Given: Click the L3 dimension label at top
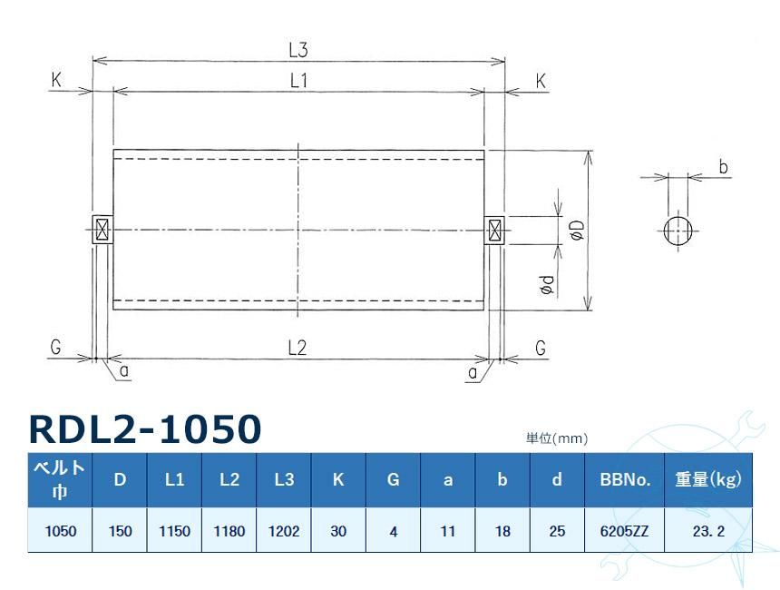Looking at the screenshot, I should click(298, 49).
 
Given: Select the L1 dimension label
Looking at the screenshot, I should click(298, 81).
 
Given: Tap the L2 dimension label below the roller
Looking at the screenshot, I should click(297, 347).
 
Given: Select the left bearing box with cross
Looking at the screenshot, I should click(102, 229).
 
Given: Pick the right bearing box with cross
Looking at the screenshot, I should click(495, 230).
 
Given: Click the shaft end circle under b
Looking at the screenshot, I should click(678, 230).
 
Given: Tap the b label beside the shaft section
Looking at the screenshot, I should click(723, 168).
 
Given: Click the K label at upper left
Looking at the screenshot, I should click(56, 81).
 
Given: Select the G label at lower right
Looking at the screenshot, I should click(541, 348).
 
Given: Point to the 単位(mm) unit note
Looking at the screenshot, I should click(557, 438).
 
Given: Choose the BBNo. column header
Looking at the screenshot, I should click(625, 479).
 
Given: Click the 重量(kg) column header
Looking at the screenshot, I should click(707, 479).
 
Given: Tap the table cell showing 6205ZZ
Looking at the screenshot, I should click(625, 531).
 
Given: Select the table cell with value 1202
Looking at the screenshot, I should click(283, 531).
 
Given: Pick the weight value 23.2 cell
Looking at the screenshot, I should click(707, 531).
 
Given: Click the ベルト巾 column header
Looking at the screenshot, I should click(60, 479).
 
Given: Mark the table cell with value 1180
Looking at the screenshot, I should click(229, 531).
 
